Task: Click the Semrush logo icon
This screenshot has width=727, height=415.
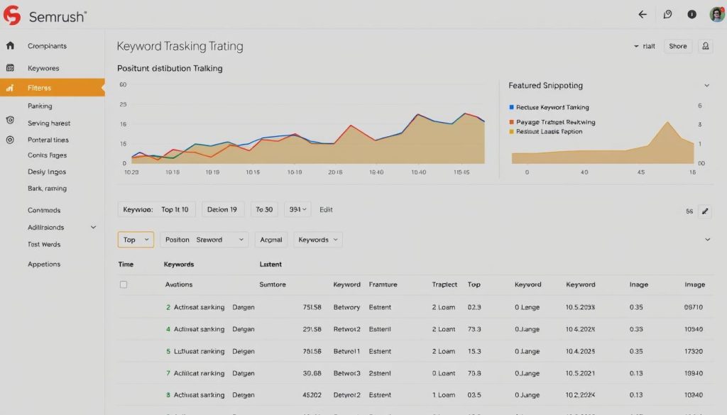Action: tap(12, 16)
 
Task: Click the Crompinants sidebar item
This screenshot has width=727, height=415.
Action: tap(47, 46)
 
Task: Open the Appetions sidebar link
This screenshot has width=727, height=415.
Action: tap(44, 264)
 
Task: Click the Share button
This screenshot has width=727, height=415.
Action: tap(677, 46)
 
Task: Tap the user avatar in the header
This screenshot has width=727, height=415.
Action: tap(716, 14)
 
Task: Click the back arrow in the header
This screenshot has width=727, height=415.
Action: tap(643, 14)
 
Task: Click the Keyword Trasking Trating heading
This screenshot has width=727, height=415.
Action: tap(180, 47)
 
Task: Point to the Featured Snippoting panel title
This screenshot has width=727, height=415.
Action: tap(545, 85)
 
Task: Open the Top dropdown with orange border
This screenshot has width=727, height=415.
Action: tap(136, 240)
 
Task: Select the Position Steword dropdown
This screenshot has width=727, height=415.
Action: tap(204, 240)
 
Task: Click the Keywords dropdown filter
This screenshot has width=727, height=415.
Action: tap(318, 240)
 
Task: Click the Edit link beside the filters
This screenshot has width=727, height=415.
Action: tap(326, 209)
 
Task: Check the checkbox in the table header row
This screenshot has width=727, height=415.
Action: tap(124, 284)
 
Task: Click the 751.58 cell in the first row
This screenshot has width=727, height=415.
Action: tap(312, 307)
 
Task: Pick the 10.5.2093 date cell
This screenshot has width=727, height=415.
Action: tap(580, 307)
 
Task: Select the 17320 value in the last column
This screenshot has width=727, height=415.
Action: tap(693, 351)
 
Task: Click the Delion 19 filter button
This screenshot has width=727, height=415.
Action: tap(223, 209)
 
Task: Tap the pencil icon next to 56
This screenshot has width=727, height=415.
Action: tap(704, 211)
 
